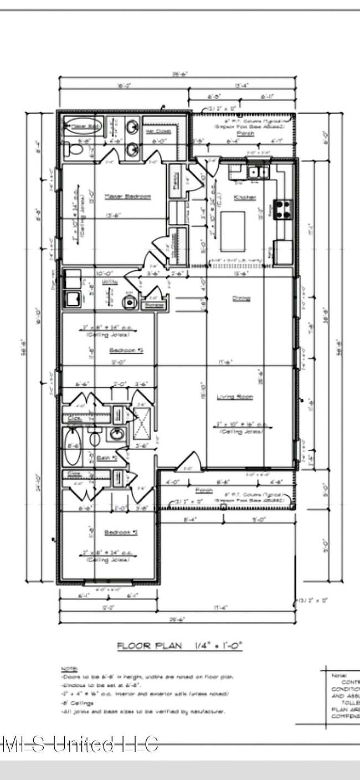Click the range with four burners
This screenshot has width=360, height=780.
coord(284,210)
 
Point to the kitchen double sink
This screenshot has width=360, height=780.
coord(258,172)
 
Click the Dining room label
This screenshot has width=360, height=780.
coord(241,299)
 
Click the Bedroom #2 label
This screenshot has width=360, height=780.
coord(120,532)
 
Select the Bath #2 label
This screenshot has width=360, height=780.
coord(106,458)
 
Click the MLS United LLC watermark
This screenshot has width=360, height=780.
coord(80,743)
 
